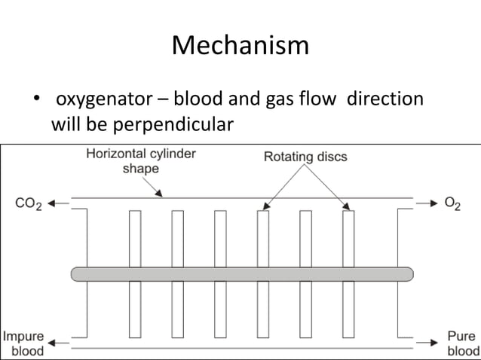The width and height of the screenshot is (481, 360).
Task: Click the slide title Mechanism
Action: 240,46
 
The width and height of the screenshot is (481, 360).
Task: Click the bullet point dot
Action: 34,100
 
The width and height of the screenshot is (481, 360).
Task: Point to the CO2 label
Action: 29,203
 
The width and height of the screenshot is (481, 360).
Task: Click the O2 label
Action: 453,203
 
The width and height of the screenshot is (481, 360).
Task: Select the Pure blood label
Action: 461,343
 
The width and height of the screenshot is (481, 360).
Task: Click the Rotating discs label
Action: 305,157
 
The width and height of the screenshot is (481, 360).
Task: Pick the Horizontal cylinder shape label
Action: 140,160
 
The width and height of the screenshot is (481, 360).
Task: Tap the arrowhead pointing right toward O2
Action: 432,203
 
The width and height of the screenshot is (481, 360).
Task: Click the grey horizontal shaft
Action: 241,273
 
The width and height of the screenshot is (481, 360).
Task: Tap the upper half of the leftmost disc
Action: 135,238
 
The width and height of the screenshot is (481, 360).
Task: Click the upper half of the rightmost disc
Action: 348,238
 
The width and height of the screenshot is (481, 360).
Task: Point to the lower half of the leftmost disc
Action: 135,309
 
